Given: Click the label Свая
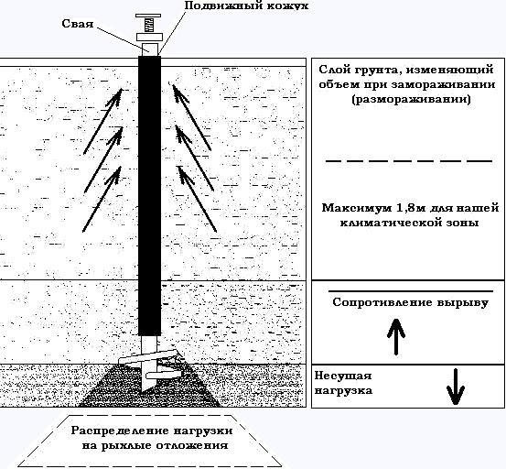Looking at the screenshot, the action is [78, 24].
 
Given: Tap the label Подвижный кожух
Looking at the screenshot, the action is [246, 5].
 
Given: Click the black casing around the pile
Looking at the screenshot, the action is [149, 196].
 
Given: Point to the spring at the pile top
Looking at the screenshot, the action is [148, 26].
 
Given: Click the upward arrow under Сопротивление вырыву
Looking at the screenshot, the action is [396, 336].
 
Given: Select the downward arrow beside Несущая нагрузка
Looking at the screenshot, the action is [456, 387].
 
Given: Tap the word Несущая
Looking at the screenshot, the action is [343, 376].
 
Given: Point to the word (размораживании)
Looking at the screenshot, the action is [411, 99].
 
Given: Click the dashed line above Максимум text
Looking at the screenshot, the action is [409, 160].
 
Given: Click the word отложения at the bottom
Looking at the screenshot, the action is [192, 446].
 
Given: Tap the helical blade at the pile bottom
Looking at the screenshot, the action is [149, 357].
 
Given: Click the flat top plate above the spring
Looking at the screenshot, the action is [148, 16].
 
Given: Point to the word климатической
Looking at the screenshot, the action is [385, 223].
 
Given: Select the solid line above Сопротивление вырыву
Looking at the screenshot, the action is [411, 291].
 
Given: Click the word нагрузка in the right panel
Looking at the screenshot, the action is [343, 391].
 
